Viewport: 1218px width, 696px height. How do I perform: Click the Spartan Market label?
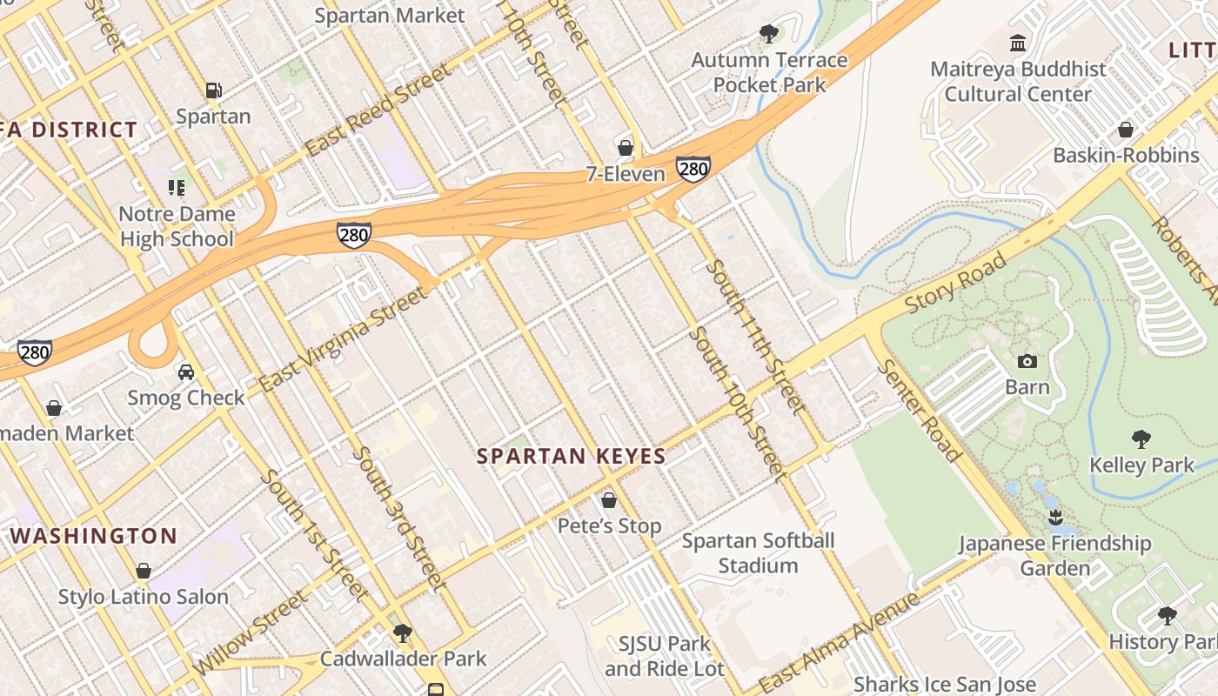click(390, 16)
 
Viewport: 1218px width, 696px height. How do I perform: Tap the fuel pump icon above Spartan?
click(213, 90)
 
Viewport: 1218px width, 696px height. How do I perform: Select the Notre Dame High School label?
click(177, 226)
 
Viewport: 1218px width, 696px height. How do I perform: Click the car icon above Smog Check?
click(185, 372)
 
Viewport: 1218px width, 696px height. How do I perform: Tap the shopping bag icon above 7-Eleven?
click(625, 148)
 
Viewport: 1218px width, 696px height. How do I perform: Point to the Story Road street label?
click(955, 283)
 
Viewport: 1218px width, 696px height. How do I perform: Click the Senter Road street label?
click(919, 409)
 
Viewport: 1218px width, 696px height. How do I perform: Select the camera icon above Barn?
click(1027, 362)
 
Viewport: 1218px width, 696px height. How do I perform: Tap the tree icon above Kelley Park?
click(1141, 439)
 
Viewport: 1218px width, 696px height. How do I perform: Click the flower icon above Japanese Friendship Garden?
click(1055, 519)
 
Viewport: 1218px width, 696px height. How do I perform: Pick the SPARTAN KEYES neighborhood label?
click(572, 456)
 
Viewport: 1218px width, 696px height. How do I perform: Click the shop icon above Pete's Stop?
click(609, 500)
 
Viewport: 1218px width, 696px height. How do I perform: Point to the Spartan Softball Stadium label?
click(758, 553)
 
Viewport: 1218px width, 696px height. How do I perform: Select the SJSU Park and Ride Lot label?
click(665, 657)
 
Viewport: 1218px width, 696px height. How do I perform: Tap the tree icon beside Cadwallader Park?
click(402, 632)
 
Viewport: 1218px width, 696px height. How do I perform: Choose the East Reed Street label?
click(379, 109)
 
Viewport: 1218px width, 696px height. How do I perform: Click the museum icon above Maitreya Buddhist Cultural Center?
click(1017, 43)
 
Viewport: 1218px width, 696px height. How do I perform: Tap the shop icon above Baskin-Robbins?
click(1126, 130)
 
